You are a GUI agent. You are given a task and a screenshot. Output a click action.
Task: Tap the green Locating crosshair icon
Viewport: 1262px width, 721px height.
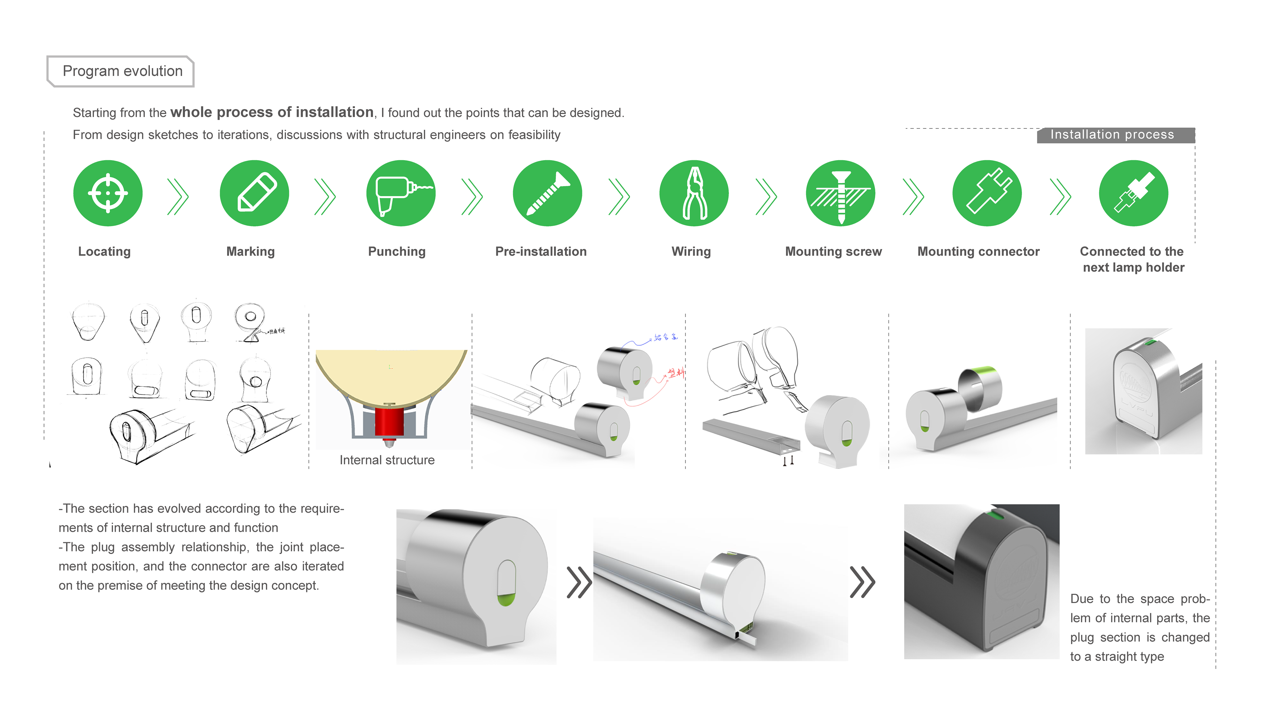(108, 193)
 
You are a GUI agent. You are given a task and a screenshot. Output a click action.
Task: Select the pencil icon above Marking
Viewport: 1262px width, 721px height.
(254, 193)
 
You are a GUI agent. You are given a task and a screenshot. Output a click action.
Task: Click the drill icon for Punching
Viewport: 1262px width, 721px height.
(401, 193)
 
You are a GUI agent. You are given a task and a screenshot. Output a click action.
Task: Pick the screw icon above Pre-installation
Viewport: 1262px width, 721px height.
(548, 193)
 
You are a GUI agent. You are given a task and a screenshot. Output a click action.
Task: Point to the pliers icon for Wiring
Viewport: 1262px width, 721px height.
(694, 193)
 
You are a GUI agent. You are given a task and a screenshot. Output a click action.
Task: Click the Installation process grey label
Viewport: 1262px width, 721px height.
(1115, 135)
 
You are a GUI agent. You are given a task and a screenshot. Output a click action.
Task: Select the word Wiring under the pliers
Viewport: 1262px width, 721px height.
(691, 251)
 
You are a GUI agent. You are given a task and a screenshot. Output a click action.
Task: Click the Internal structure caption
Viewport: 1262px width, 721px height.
(387, 460)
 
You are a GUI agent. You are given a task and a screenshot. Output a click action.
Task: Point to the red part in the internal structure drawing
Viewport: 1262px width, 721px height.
(389, 421)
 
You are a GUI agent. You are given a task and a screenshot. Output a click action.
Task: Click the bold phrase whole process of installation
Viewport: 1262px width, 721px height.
(272, 112)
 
